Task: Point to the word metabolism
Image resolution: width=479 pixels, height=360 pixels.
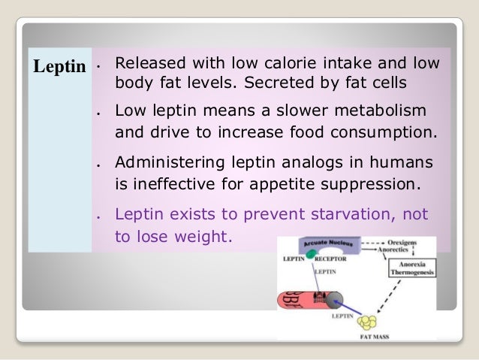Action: [384, 110]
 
